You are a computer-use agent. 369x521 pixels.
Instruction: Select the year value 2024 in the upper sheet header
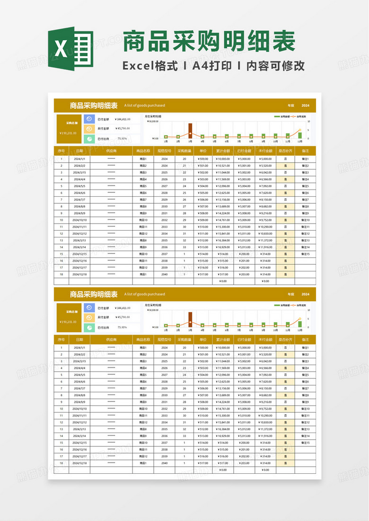(x=306, y=105)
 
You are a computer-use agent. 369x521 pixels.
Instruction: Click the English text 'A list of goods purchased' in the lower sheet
(x=145, y=294)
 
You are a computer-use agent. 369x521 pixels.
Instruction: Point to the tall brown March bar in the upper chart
(x=190, y=130)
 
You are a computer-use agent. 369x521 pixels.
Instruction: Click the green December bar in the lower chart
(x=300, y=324)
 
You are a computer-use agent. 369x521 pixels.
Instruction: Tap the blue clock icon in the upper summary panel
(x=89, y=119)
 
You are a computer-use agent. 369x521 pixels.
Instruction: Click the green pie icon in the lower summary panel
(x=89, y=328)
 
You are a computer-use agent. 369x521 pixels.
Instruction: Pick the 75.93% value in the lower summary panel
(x=122, y=328)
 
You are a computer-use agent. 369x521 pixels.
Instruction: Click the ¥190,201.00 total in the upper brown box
(x=69, y=133)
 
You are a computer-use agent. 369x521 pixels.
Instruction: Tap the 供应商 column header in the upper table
(x=111, y=151)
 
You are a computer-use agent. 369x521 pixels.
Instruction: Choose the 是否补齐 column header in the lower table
(x=285, y=340)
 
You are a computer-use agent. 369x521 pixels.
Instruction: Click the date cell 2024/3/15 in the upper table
(x=79, y=173)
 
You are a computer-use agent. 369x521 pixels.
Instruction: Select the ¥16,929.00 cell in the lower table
(x=223, y=436)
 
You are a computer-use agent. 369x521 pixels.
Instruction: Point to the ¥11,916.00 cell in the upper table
(x=265, y=247)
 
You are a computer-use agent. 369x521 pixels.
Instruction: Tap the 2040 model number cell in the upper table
(x=164, y=274)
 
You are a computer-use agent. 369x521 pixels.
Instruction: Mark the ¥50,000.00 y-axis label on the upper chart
(x=152, y=122)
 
